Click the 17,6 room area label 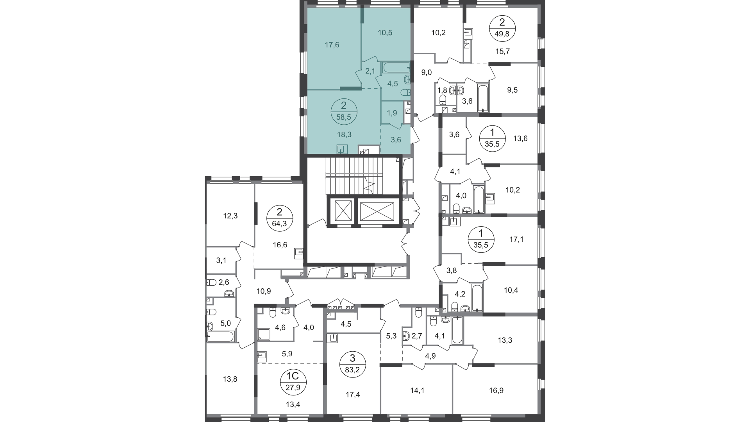coord(332,45)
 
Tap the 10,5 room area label coord(385,33)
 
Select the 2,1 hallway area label coord(370,71)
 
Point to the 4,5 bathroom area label coord(393,84)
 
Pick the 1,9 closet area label coord(392,113)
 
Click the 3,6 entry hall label coord(396,139)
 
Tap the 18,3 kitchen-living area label coord(344,134)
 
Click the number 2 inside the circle coord(344,105)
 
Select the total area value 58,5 coord(344,117)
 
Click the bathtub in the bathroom coord(395,68)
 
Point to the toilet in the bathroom coord(405,93)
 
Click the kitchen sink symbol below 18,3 coord(342,149)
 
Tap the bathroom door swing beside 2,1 coord(379,82)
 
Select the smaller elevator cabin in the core coord(341,212)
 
